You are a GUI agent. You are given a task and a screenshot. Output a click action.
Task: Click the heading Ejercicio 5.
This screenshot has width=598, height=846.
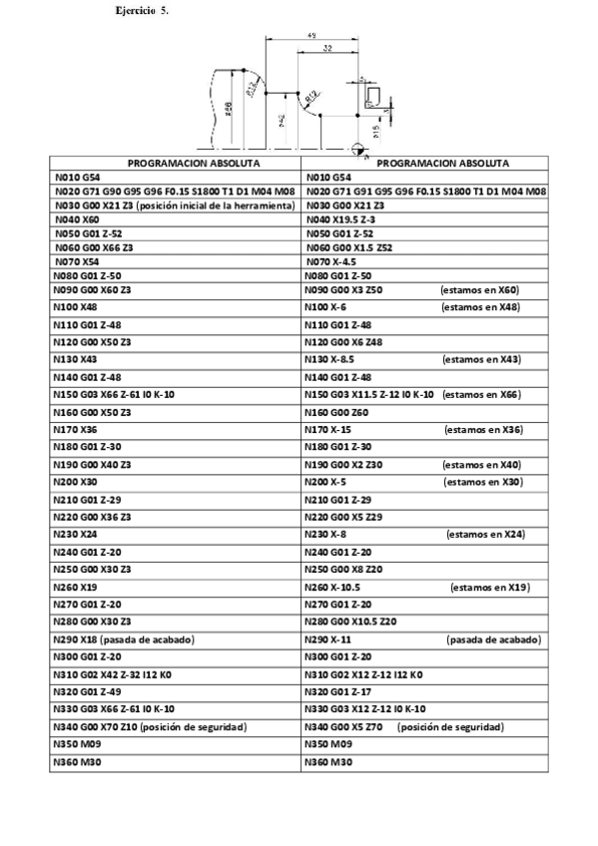click(142, 10)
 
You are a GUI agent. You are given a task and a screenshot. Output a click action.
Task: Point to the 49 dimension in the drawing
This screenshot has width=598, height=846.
click(312, 37)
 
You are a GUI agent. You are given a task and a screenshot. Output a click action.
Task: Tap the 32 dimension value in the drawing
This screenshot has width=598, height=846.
click(327, 48)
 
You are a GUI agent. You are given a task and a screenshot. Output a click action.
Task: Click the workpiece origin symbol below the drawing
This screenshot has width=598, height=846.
click(357, 149)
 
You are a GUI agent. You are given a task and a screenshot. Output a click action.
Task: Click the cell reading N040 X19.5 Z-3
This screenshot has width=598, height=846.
click(342, 218)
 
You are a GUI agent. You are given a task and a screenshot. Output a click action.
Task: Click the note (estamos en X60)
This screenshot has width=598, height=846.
click(479, 289)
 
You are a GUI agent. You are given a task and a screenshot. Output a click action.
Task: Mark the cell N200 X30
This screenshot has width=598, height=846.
click(75, 482)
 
